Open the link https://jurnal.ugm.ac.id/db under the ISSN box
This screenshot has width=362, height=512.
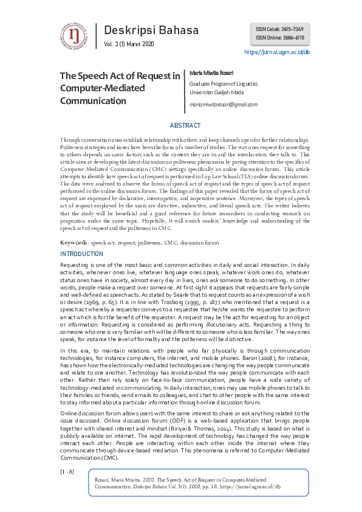coord(277,53)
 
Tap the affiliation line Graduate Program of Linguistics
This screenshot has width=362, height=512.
coord(223,83)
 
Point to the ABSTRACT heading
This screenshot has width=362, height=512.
coord(185,125)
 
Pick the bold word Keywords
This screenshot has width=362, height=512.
coord(74,243)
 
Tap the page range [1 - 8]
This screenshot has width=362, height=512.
coord(67,471)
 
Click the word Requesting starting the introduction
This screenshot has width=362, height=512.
coord(75,266)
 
